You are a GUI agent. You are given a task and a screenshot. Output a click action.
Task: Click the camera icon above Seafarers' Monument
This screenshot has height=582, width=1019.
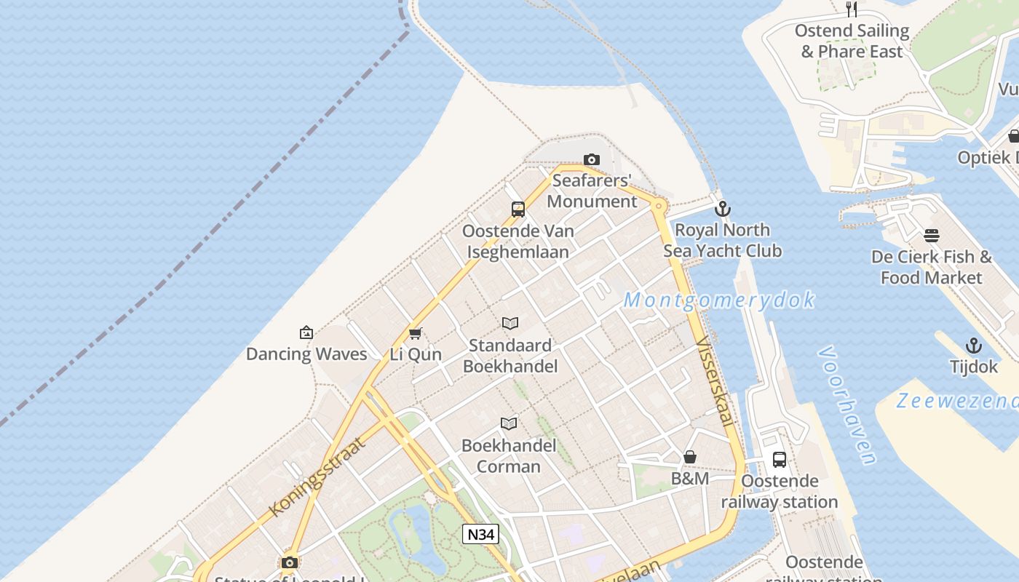592,159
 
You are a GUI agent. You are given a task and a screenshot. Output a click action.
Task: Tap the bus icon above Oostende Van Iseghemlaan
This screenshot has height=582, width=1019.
518,210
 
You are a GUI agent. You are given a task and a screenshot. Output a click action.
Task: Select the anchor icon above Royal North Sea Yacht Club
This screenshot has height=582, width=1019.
722,209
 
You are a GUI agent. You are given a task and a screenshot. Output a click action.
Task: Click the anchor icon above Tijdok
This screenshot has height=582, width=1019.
973,346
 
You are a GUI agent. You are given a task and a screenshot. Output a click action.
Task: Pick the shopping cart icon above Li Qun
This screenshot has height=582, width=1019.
416,333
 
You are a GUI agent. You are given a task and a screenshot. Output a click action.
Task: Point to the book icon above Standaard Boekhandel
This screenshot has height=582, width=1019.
510,324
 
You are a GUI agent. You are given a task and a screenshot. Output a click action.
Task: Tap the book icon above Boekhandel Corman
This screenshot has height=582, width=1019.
509,423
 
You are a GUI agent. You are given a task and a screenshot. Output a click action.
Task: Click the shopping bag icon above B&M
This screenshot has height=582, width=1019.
689,457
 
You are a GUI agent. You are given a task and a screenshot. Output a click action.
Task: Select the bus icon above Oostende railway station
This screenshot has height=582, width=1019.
779,459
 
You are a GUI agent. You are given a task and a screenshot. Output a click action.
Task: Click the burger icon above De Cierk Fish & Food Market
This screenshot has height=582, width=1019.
932,236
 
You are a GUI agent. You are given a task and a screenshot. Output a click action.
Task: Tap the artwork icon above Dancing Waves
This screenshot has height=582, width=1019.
306,332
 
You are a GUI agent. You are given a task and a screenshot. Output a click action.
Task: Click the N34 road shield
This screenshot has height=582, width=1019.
480,534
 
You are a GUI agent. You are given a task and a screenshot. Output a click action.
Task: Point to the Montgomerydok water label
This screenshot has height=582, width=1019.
719,300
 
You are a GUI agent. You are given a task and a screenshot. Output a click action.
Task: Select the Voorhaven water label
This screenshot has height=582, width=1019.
846,404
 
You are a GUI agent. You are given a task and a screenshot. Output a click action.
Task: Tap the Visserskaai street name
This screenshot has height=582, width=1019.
714,382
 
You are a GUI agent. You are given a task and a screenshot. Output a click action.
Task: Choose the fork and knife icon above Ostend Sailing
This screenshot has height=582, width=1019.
852,9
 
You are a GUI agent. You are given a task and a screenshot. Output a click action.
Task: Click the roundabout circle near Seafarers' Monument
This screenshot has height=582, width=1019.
659,206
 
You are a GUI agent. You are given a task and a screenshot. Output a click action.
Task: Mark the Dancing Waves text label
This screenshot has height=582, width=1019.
306,354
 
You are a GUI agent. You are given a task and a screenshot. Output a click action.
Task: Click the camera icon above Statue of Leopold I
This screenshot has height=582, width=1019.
290,562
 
